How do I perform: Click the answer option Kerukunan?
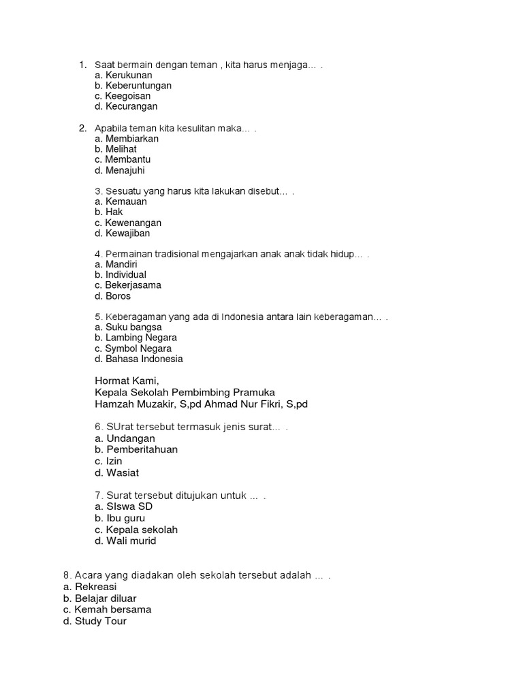tap(128, 75)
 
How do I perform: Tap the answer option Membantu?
tap(127, 159)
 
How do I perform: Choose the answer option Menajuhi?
tap(125, 170)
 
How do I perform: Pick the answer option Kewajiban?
tap(127, 233)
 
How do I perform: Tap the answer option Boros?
tap(118, 296)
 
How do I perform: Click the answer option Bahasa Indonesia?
tap(144, 359)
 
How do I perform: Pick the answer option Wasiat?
tap(123, 472)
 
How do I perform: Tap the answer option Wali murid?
tap(131, 540)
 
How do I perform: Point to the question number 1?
tap(82, 65)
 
